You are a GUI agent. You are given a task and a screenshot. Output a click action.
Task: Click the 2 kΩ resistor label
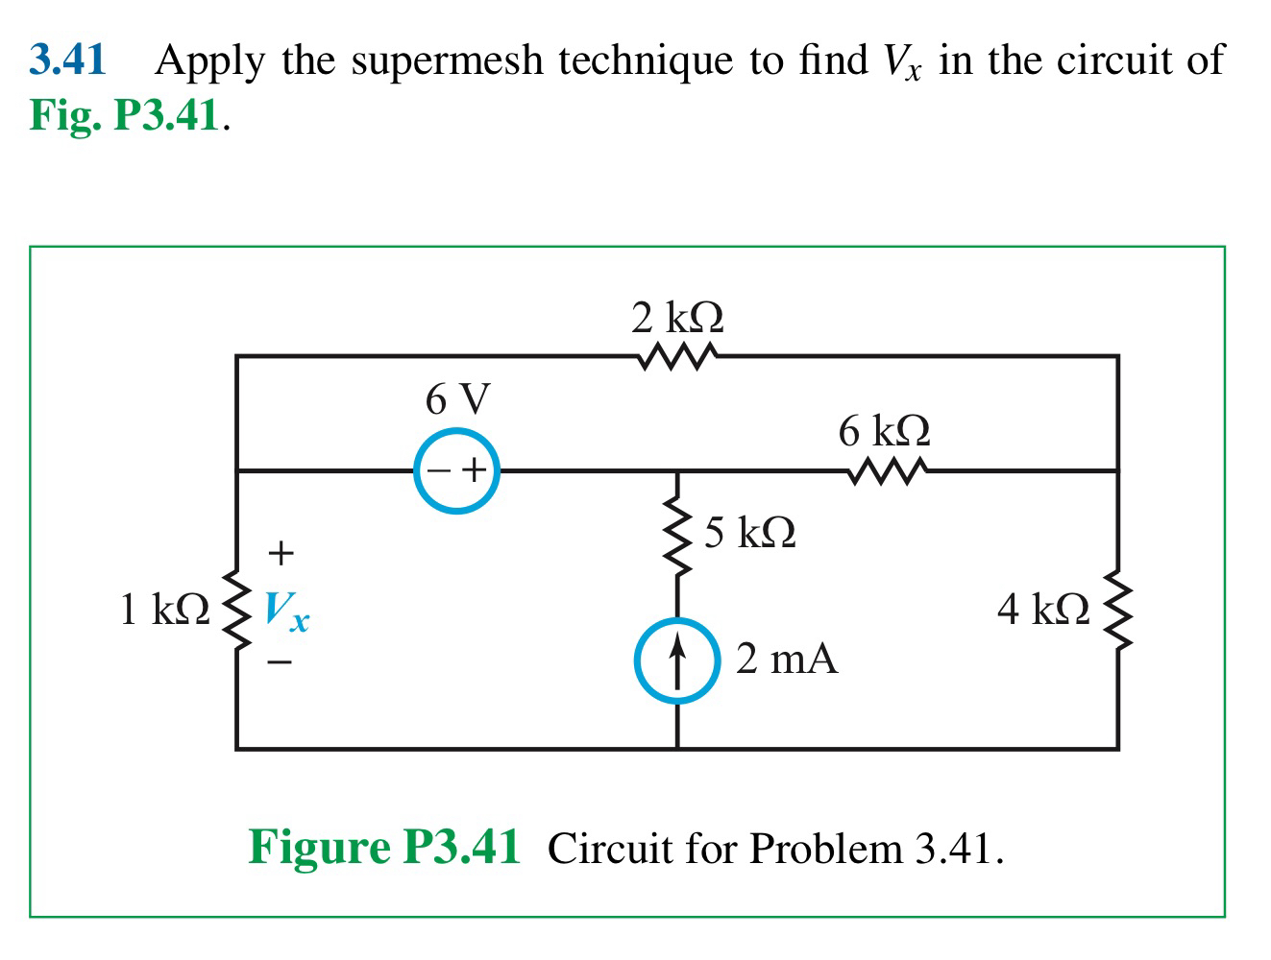point(677,316)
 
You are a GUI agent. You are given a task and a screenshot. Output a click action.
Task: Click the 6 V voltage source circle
point(457,470)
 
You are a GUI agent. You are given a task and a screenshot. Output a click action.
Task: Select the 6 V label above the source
point(457,398)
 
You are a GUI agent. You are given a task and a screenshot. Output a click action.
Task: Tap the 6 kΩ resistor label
point(884,431)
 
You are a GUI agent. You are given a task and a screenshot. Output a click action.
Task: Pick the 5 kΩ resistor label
point(749,532)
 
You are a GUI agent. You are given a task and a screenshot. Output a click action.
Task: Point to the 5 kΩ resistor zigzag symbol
point(677,538)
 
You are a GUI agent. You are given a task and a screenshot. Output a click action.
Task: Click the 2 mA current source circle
point(677,660)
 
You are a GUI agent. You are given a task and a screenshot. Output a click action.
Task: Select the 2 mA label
point(787,660)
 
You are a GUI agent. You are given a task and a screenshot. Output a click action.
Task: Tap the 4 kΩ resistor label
point(1042,609)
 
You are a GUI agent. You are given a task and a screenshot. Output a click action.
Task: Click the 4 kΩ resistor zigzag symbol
point(1117,609)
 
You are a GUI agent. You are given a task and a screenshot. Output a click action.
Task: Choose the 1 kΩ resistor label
point(163,609)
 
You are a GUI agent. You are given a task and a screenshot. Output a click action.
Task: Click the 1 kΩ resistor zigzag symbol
point(236,609)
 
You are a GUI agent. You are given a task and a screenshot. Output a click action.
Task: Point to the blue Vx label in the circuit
point(286,610)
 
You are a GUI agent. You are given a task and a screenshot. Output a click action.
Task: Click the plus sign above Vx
point(280,553)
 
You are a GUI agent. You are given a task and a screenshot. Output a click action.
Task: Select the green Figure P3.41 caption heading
point(383,848)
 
